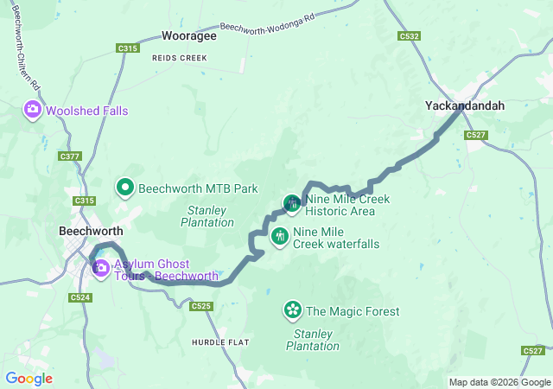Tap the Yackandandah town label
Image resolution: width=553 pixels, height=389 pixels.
464,105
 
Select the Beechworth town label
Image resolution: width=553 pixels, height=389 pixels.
91,232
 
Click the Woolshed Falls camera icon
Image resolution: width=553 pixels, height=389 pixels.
32,110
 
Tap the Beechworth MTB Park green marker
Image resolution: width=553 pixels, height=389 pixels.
124,187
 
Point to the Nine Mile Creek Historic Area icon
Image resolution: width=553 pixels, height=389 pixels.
292,203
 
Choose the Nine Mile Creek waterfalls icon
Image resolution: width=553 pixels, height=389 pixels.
280,236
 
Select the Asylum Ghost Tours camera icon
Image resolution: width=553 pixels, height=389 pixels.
101,268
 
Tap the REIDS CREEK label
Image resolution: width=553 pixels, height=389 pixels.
179,57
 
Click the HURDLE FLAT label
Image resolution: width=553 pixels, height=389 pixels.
220,343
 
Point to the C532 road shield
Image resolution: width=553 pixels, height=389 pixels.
410,36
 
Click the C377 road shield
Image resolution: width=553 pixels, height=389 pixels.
71,156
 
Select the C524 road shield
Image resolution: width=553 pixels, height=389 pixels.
80,297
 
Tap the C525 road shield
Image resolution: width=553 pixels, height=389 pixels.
201,306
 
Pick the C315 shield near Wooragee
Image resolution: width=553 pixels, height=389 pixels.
128,48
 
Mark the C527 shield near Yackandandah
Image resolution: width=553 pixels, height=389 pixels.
475,135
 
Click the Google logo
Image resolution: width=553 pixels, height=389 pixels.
29,379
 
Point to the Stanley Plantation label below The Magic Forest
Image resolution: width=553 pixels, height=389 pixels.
316,340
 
